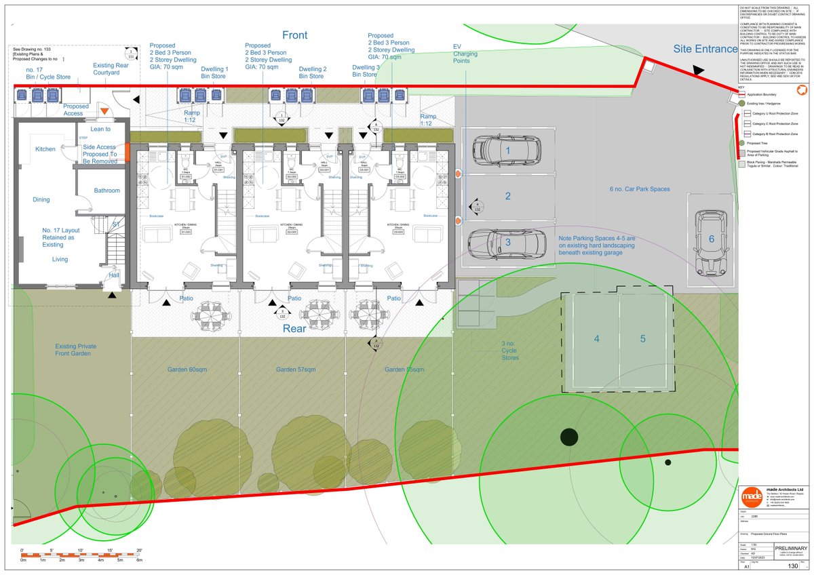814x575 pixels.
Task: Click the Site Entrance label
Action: coord(705,49)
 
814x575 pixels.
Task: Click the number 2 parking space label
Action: coord(507,197)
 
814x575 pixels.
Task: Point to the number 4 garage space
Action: coord(597,339)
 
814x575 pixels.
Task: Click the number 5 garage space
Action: coord(643,339)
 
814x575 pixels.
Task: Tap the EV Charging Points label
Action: coord(466,54)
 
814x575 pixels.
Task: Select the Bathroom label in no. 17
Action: coord(106,191)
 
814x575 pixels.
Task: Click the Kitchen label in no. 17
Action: coord(45,148)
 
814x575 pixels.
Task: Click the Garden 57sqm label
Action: coord(296,370)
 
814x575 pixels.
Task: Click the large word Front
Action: coord(294,35)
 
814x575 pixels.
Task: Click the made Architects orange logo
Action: coord(751,496)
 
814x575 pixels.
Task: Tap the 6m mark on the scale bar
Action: coord(139,560)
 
